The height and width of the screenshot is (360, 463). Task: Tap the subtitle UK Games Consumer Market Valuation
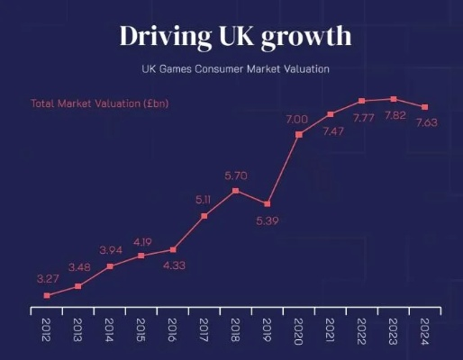click(234, 68)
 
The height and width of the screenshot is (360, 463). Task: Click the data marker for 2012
click(47, 295)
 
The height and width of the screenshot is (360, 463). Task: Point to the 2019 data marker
click(267, 203)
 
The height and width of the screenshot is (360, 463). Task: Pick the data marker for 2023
click(394, 99)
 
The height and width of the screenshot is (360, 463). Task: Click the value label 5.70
click(235, 175)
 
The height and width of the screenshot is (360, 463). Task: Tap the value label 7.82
click(394, 117)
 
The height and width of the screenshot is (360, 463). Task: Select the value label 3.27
click(47, 278)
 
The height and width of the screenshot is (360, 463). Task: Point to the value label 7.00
click(296, 119)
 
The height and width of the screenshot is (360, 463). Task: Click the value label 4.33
click(175, 266)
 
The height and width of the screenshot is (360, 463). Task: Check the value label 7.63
click(426, 123)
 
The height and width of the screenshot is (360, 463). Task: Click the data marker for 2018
click(235, 191)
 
